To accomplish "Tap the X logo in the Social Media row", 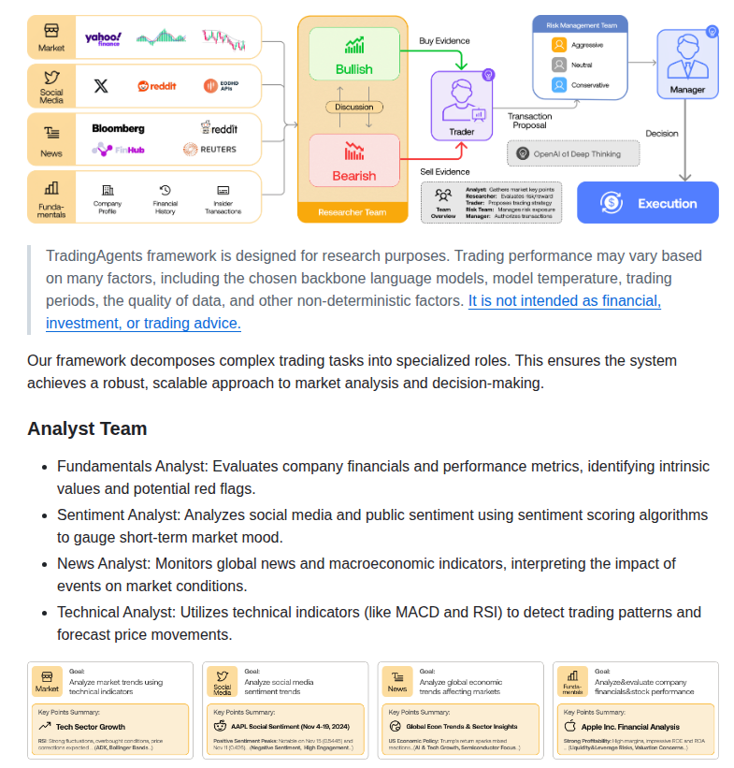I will point(101,86).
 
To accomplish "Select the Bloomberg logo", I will point(118,128).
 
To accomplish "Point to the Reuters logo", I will point(209,149).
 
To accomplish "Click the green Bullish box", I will point(353,56).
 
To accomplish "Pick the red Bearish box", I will point(353,163).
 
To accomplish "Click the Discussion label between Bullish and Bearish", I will point(354,107).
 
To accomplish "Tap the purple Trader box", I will point(461,105).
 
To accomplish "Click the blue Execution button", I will point(647,203).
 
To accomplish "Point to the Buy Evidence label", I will point(444,41).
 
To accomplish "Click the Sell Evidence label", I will point(444,172).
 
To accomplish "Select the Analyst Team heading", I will point(87,428).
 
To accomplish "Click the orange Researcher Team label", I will point(353,212).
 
